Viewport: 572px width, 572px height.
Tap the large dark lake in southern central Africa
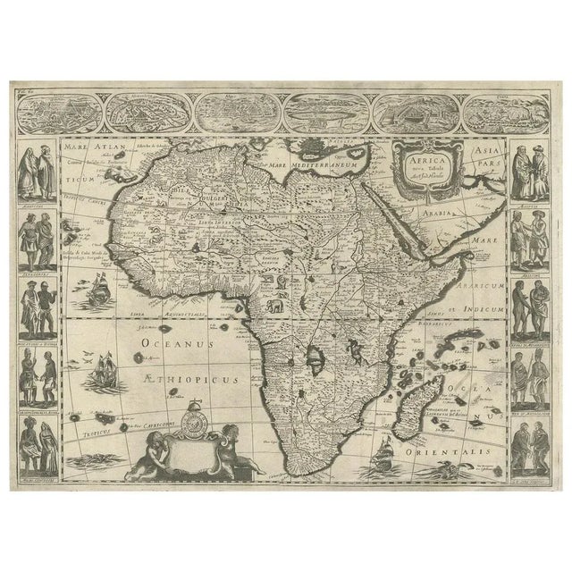point(315,358)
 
